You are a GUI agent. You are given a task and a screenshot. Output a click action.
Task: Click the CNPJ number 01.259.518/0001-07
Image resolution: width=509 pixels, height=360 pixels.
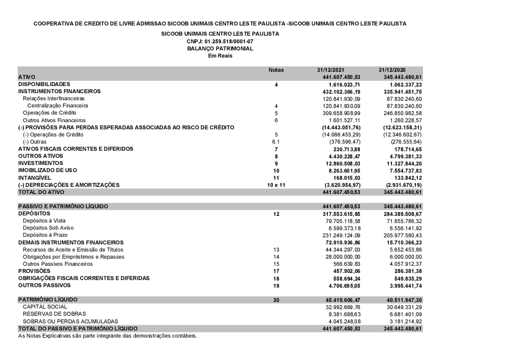220,41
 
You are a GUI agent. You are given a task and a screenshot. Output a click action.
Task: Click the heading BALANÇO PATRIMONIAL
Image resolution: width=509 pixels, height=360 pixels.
220,48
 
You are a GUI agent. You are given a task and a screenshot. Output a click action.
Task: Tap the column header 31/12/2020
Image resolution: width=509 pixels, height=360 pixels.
392,70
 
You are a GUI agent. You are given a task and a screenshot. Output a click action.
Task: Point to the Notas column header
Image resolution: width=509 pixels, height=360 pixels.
276,70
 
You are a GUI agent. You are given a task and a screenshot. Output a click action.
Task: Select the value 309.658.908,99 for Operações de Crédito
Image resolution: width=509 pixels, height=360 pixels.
338,113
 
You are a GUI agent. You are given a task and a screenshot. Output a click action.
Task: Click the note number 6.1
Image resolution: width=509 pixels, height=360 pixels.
276,142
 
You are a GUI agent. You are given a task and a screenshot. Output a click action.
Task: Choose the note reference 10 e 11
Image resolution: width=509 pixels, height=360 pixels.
276,185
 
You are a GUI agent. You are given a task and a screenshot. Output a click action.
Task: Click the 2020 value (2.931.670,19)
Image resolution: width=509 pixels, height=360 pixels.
401,185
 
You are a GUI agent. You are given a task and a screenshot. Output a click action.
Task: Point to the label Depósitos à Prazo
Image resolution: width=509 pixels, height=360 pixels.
45,235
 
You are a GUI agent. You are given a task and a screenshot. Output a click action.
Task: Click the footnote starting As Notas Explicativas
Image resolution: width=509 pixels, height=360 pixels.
107,336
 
